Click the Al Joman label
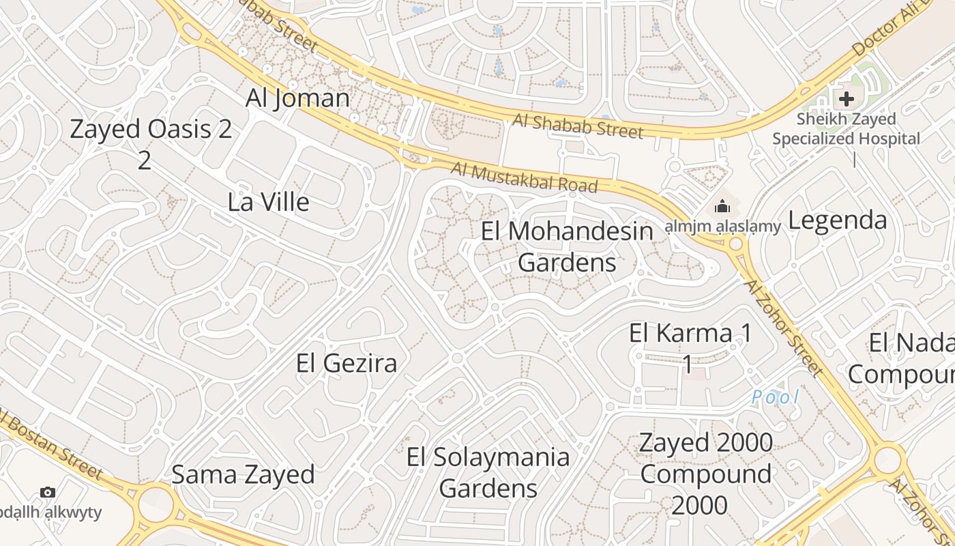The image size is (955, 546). [297, 98]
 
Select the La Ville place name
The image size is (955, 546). [268, 202]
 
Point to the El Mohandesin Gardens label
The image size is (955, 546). [567, 246]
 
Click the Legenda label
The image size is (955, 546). [838, 220]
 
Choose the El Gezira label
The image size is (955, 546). [347, 363]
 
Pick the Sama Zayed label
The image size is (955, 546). [243, 474]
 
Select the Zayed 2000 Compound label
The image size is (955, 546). [706, 473]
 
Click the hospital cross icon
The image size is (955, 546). [847, 99]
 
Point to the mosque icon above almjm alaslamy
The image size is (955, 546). [722, 206]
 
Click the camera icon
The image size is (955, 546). [48, 492]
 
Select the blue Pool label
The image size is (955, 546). [775, 397]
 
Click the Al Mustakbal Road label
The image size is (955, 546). [524, 177]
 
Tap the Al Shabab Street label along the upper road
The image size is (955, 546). [578, 126]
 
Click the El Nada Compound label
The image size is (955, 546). [904, 359]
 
